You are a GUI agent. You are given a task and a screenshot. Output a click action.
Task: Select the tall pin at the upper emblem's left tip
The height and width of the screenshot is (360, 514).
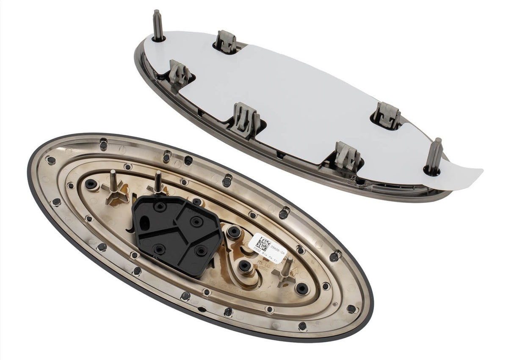click(158, 26)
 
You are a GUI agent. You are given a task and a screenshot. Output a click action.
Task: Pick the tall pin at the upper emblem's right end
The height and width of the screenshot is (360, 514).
click(434, 157)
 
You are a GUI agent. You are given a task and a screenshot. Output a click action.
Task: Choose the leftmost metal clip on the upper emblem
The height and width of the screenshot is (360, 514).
click(179, 72)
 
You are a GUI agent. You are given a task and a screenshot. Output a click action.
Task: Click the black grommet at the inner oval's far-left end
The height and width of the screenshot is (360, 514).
click(91, 184)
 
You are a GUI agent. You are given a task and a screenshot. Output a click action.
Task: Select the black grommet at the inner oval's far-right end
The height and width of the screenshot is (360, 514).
click(302, 288)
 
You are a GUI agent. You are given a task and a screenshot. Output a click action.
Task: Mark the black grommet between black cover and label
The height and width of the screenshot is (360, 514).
click(234, 232)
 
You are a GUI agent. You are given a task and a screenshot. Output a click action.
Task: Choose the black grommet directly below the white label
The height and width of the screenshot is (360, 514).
click(245, 266)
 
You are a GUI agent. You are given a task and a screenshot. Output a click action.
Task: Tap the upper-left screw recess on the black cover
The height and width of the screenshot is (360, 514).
click(160, 206)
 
